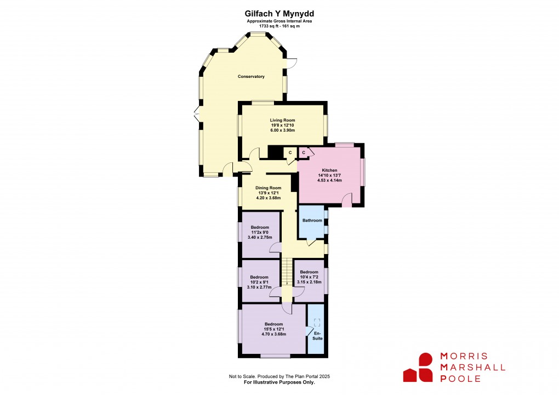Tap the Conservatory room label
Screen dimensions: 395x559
(x=251, y=76)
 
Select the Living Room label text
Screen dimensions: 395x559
(x=282, y=120)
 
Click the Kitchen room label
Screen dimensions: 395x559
(x=330, y=171)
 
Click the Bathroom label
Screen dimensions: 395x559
(x=312, y=221)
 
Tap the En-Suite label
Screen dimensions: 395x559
(x=317, y=335)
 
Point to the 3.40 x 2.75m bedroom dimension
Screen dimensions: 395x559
(x=260, y=238)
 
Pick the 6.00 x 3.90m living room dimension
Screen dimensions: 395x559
(x=282, y=131)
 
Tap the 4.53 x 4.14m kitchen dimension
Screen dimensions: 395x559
(x=330, y=180)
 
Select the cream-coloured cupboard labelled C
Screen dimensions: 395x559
(x=290, y=153)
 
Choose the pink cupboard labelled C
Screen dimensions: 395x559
(x=304, y=153)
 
